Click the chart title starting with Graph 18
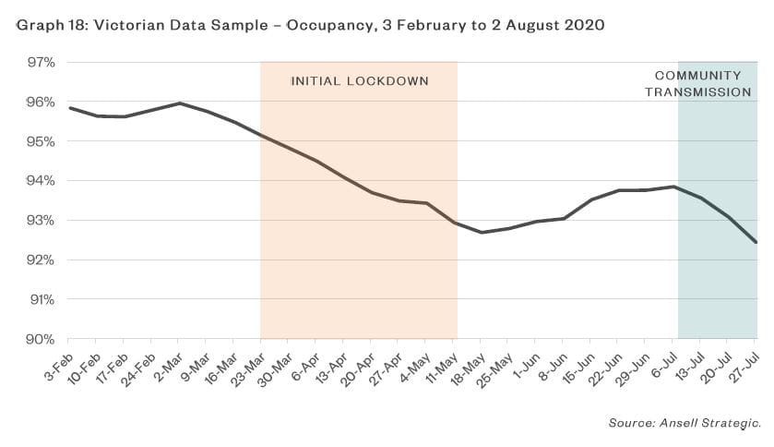point(310,26)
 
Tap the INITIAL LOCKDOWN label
point(360,81)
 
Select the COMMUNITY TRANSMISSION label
point(698,83)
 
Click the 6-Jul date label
point(662,363)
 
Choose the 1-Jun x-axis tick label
point(525,363)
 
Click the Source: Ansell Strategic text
point(684,423)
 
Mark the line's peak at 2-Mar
point(179,103)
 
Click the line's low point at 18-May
point(482,232)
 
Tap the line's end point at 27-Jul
point(756,242)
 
